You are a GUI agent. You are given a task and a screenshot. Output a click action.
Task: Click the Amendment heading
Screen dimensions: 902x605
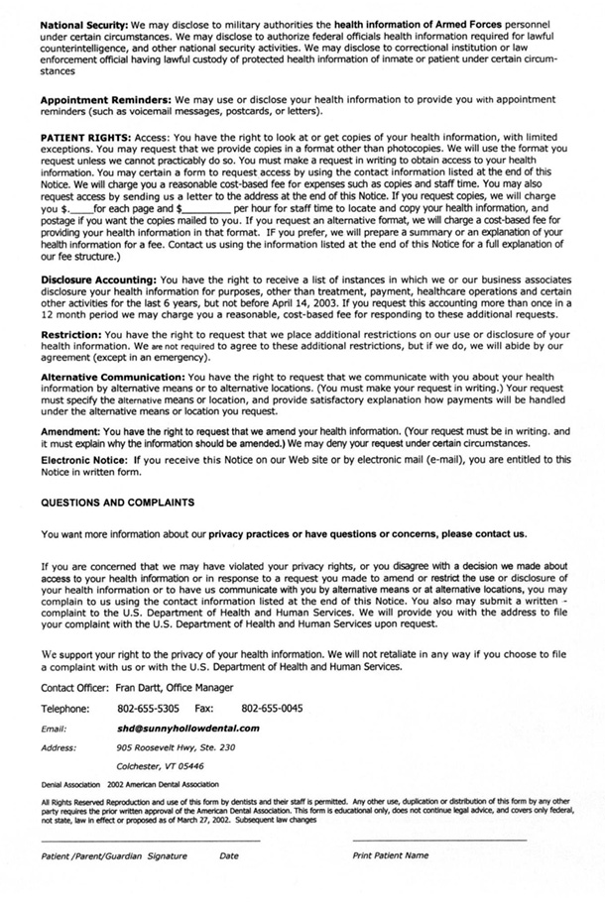[x=71, y=433]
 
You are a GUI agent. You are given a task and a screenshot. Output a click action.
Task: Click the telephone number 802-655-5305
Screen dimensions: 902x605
[x=148, y=709]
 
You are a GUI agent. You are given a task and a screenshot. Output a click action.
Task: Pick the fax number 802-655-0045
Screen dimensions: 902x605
[x=272, y=709]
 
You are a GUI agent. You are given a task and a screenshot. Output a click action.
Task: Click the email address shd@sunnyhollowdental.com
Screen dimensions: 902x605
[x=187, y=728]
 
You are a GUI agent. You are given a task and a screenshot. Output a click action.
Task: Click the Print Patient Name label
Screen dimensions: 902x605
[x=391, y=854]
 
